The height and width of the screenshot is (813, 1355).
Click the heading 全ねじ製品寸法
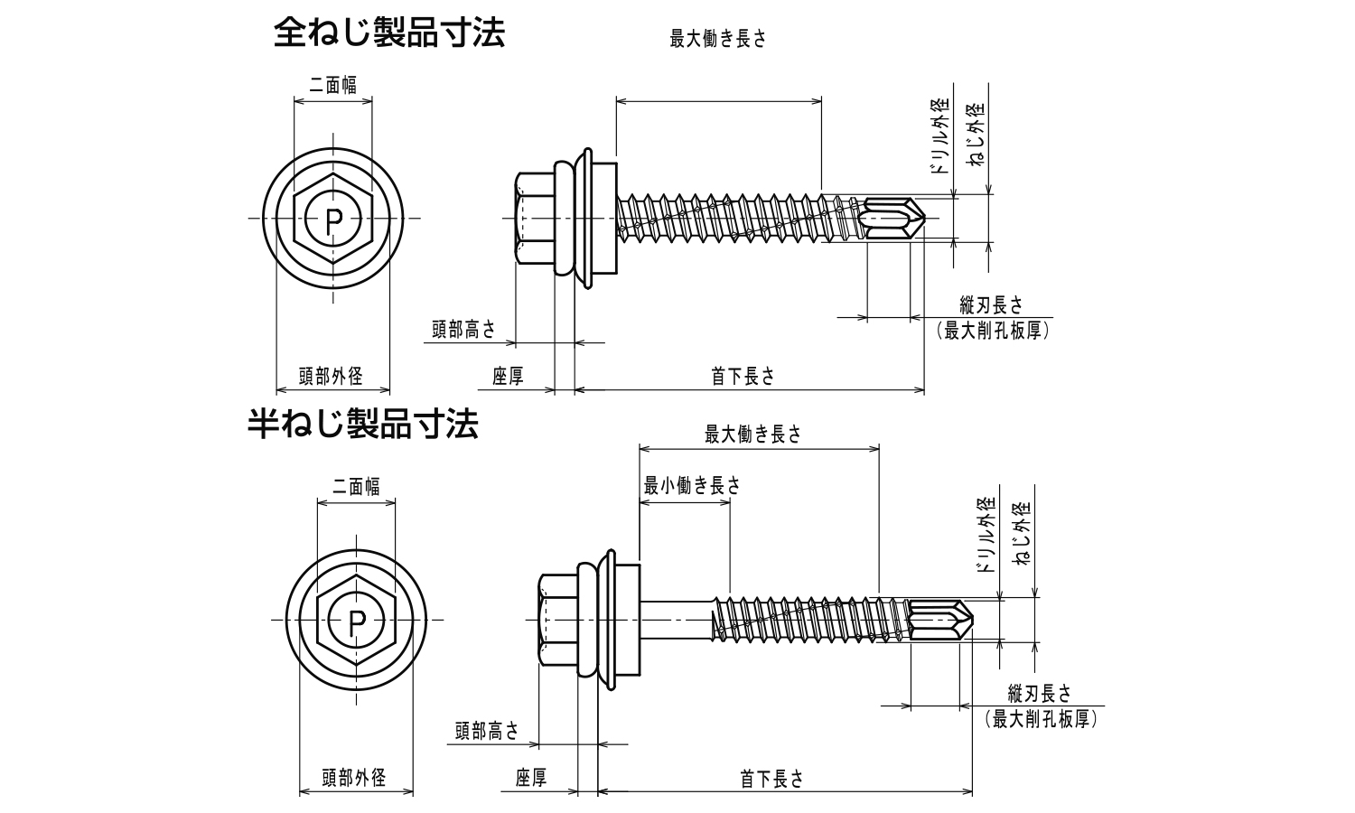389,33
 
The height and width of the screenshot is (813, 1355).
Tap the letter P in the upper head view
333,219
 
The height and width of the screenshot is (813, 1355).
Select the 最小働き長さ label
691,486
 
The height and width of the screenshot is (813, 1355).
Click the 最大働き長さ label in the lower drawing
752,435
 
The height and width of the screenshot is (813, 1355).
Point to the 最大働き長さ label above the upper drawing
717,40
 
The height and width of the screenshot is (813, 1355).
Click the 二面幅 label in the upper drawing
332,85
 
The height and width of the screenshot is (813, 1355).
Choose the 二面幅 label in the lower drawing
356,487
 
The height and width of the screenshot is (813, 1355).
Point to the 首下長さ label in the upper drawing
743,377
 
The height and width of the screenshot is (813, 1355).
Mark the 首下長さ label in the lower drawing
771,779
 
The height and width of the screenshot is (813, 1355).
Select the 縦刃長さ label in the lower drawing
1039,694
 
